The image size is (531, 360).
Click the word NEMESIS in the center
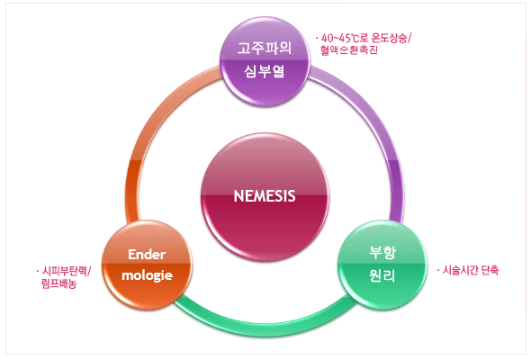tap(265, 196)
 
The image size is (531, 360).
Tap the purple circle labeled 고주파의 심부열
tap(265, 61)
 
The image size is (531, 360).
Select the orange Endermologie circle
tap(147, 265)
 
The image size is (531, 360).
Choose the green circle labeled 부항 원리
tap(382, 265)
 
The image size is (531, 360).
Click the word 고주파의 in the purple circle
tap(265, 48)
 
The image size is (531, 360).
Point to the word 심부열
tap(265, 71)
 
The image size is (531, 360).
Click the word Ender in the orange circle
tap(147, 255)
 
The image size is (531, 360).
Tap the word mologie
tap(147, 275)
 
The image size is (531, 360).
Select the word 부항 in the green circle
tap(382, 252)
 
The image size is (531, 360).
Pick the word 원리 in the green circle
tap(382, 275)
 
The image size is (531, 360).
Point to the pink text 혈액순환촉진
tap(349, 50)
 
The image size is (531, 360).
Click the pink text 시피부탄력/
tap(67, 271)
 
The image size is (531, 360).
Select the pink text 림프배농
tap(58, 283)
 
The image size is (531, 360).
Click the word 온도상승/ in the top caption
tap(391, 38)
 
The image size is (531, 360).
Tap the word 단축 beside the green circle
tap(490, 270)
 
